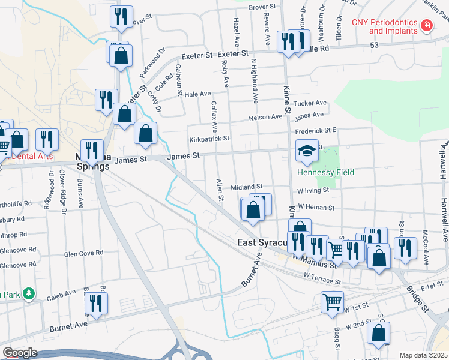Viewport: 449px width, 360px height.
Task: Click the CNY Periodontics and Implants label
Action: tap(385, 26)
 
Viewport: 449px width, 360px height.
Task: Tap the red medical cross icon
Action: tap(427, 26)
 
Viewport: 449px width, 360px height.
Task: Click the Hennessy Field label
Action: tap(325, 172)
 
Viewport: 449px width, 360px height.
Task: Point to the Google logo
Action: tap(20, 353)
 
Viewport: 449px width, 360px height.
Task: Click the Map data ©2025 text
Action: tap(423, 355)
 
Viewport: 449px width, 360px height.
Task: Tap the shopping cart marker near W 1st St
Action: tap(332, 302)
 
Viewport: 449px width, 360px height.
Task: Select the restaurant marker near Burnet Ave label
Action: tap(96, 304)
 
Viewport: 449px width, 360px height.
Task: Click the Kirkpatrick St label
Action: tap(209, 139)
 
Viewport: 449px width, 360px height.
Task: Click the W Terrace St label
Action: tap(322, 280)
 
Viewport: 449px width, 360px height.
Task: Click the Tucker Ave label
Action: tap(310, 103)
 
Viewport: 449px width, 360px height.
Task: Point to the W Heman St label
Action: tap(315, 206)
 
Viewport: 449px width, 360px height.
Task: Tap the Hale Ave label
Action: tap(198, 94)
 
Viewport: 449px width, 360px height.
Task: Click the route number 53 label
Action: tap(374, 46)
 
